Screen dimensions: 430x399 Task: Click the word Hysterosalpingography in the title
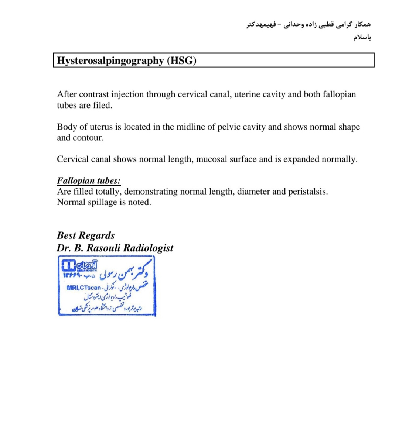click(x=110, y=61)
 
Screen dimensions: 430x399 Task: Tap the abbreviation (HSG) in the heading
click(x=181, y=61)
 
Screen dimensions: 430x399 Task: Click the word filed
click(x=102, y=105)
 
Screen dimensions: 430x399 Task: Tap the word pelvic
click(x=229, y=127)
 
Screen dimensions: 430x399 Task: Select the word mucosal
click(x=212, y=159)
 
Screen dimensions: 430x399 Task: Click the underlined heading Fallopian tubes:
click(x=89, y=181)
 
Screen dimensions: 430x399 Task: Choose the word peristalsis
click(x=308, y=192)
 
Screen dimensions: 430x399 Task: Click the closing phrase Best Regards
click(x=86, y=235)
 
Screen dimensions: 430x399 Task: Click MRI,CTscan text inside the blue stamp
click(x=84, y=288)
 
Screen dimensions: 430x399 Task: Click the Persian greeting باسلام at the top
click(x=362, y=38)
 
